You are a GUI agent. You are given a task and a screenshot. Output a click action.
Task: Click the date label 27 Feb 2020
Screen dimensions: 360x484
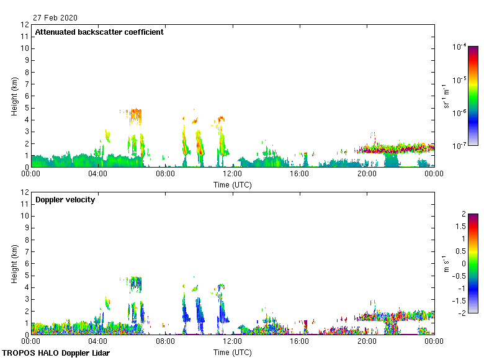(x=56, y=18)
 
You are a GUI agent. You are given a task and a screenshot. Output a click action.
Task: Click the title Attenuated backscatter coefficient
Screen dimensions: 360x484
(x=99, y=32)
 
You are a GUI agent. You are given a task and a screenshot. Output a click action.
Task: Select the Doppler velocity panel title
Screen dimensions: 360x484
(x=65, y=200)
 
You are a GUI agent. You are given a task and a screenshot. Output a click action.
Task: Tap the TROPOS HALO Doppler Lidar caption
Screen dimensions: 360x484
(x=56, y=353)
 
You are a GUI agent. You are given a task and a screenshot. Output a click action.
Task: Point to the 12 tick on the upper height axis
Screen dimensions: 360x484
(x=25, y=25)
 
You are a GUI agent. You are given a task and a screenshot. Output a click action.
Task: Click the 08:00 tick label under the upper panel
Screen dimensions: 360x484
(x=165, y=174)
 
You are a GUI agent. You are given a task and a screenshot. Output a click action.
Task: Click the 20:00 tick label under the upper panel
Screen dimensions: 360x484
(x=367, y=174)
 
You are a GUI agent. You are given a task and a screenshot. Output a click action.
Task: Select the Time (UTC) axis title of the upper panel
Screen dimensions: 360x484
(x=233, y=184)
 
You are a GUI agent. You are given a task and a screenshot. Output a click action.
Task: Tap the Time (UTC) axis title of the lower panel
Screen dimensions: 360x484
(x=233, y=352)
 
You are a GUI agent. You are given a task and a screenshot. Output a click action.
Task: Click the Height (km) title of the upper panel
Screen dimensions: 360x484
(x=14, y=96)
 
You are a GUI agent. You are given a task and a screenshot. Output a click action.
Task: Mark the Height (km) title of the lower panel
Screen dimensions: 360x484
(x=14, y=264)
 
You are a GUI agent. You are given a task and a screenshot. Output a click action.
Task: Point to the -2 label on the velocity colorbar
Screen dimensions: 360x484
(x=462, y=313)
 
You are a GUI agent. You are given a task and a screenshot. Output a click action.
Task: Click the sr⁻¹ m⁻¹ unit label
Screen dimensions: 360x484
(x=446, y=96)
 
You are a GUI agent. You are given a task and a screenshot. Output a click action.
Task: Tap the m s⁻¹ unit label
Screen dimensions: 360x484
(x=446, y=264)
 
